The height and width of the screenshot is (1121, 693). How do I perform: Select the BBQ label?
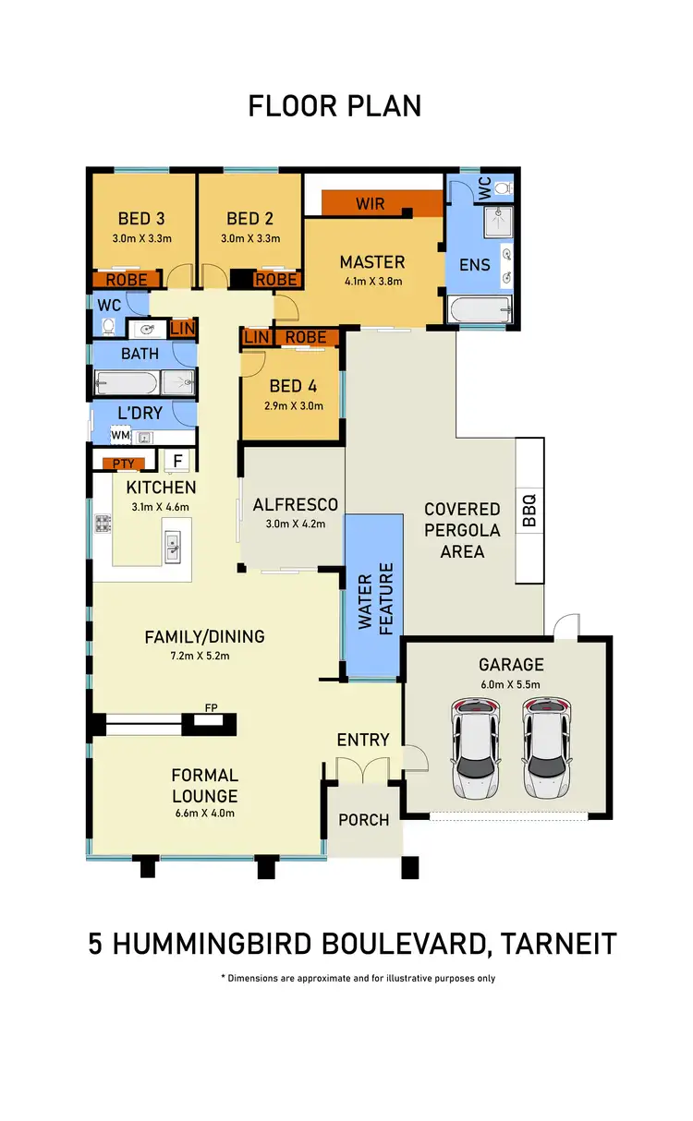point(529,510)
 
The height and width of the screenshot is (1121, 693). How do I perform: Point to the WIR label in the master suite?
point(370,203)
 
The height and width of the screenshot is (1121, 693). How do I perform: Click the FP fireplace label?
point(211,708)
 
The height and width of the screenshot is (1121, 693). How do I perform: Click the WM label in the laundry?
point(120,435)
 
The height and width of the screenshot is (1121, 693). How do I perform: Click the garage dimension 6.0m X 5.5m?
point(510,684)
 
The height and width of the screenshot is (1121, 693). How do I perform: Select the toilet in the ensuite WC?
point(502,187)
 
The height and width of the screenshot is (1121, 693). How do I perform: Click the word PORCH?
point(364,819)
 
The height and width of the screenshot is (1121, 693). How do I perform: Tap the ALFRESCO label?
point(295,504)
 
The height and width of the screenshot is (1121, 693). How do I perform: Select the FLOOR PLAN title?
point(334,106)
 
